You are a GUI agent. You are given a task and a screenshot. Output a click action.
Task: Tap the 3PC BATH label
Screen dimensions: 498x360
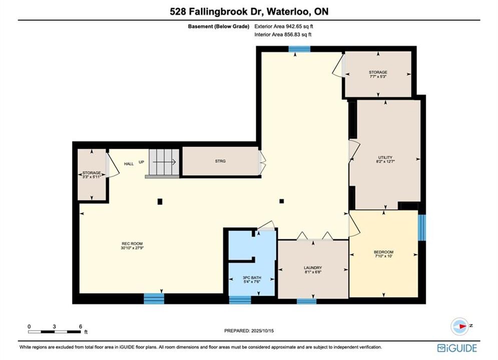[252, 277]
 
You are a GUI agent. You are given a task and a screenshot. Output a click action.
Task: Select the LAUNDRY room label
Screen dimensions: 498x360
[313, 267]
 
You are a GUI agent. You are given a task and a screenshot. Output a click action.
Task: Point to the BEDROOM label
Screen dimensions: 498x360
[384, 252]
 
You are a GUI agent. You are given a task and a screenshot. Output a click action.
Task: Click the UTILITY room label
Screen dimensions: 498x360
[385, 157]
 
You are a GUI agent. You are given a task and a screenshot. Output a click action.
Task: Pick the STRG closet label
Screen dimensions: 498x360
[220, 161]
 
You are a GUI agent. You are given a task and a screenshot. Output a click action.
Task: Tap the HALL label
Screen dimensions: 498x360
[129, 163]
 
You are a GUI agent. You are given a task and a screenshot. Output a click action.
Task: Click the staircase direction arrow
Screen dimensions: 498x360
[164, 162]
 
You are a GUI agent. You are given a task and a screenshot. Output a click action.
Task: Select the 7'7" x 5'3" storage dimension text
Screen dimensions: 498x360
[378, 76]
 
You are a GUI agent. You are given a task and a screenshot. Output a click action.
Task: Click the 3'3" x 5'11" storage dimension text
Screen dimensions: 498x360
[92, 176]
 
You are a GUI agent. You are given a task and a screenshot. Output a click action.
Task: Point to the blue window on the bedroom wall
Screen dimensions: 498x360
[421, 227]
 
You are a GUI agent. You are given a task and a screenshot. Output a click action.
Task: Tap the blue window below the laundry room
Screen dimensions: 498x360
[306, 301]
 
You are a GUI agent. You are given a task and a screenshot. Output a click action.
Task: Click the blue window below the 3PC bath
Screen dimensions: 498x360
[240, 299]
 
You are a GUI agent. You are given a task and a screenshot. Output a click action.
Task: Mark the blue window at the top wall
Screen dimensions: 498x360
[299, 49]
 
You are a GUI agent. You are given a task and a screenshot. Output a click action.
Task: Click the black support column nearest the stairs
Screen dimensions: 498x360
[160, 201]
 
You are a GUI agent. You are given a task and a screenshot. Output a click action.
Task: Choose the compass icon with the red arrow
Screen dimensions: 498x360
[459, 326]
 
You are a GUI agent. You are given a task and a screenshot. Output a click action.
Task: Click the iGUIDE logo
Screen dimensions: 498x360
[457, 348]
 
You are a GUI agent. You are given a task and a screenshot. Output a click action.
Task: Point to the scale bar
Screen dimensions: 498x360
[55, 332]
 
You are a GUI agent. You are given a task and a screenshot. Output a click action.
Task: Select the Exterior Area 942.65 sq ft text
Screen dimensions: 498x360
[284, 26]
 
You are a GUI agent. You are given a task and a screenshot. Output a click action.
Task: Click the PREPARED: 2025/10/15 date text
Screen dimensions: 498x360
[249, 330]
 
